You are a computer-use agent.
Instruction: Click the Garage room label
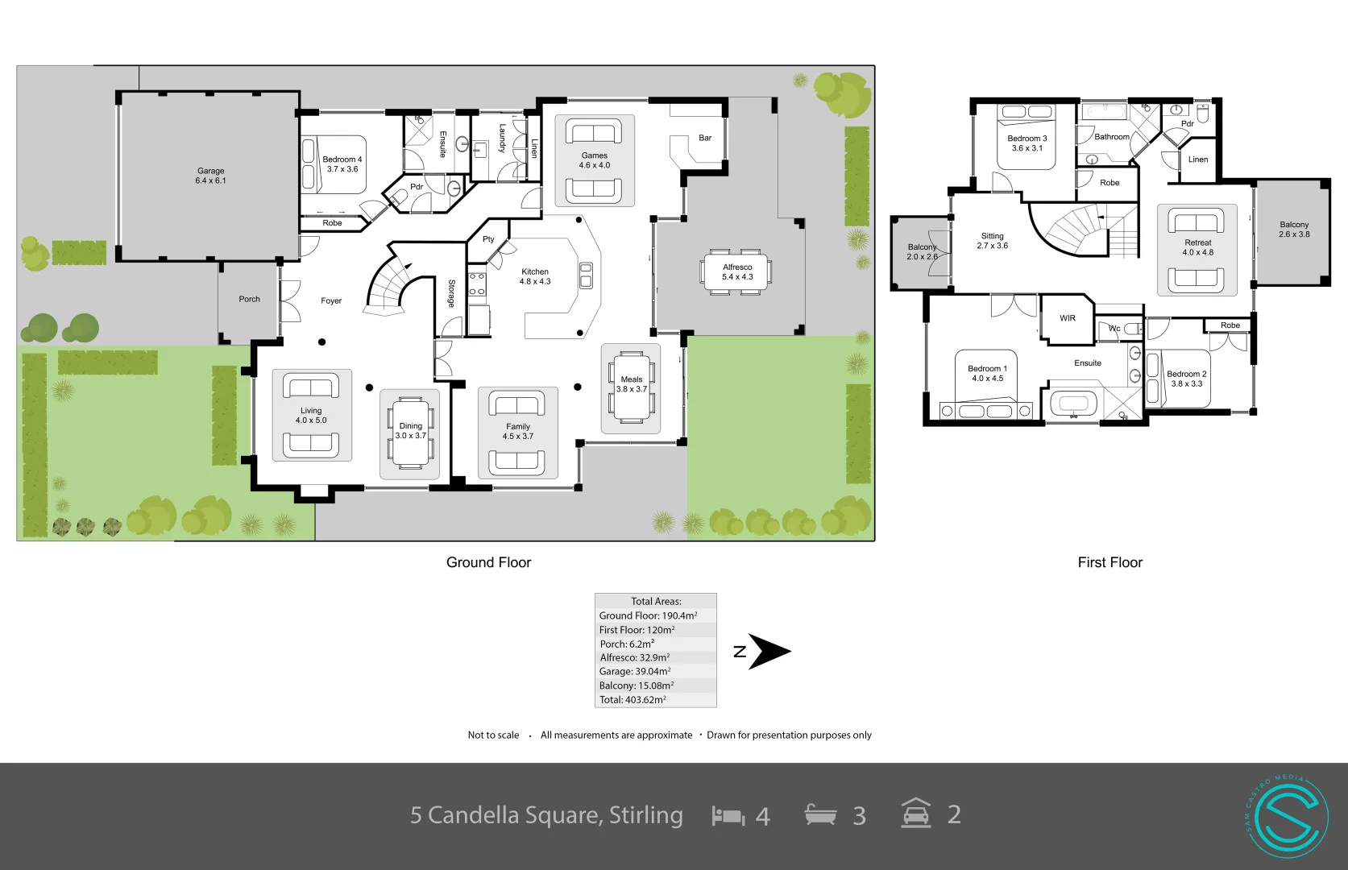(210, 176)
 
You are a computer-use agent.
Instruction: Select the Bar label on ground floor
(705, 138)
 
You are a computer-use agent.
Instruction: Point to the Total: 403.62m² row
(633, 699)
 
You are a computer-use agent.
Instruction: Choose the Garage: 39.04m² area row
(635, 671)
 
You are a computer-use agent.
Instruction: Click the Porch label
(249, 299)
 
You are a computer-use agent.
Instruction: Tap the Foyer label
(331, 300)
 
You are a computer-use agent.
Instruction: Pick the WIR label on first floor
(1068, 318)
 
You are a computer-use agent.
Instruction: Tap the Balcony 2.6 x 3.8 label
(1294, 230)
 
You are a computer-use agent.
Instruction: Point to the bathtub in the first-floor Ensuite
(1072, 403)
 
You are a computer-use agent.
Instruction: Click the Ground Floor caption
(488, 562)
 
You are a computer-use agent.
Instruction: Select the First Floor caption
(1110, 562)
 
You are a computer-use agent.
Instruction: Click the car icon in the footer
(915, 814)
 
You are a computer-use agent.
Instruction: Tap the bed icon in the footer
(728, 816)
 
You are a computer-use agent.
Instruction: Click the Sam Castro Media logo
(1287, 815)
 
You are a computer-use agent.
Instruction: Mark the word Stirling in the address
(645, 815)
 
